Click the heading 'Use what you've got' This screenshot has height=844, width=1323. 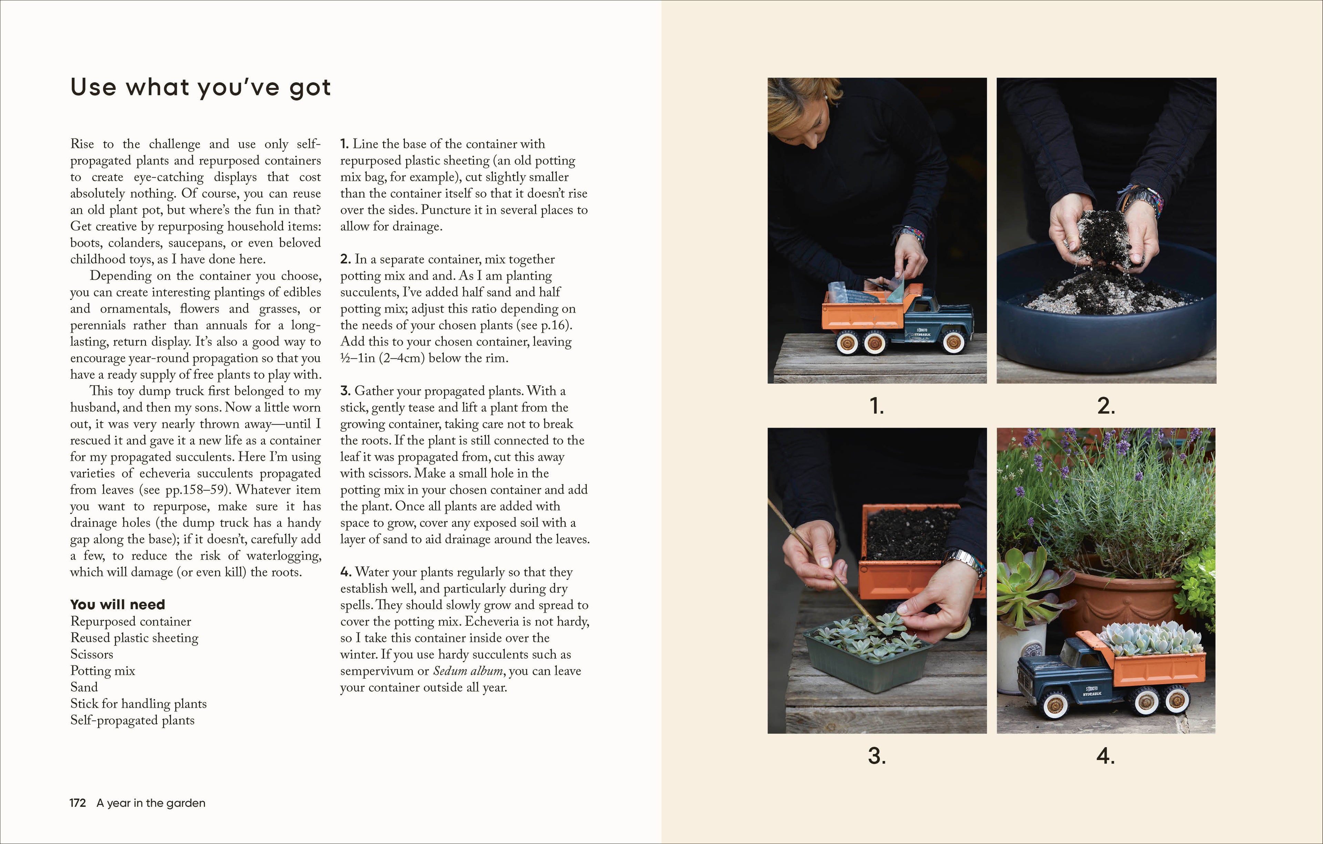pos(201,88)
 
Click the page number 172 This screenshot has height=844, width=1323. pos(78,803)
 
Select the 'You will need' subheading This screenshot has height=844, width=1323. pos(117,605)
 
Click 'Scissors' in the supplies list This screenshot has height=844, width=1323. pos(92,654)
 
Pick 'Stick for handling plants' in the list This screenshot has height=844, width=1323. pos(139,704)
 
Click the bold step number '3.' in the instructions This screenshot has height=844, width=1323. pos(345,391)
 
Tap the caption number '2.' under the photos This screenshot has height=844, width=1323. pos(1106,406)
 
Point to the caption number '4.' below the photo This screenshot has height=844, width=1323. pos(1106,756)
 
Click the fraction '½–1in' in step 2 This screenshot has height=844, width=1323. pos(359,358)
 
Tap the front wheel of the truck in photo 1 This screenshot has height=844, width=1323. pos(953,342)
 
